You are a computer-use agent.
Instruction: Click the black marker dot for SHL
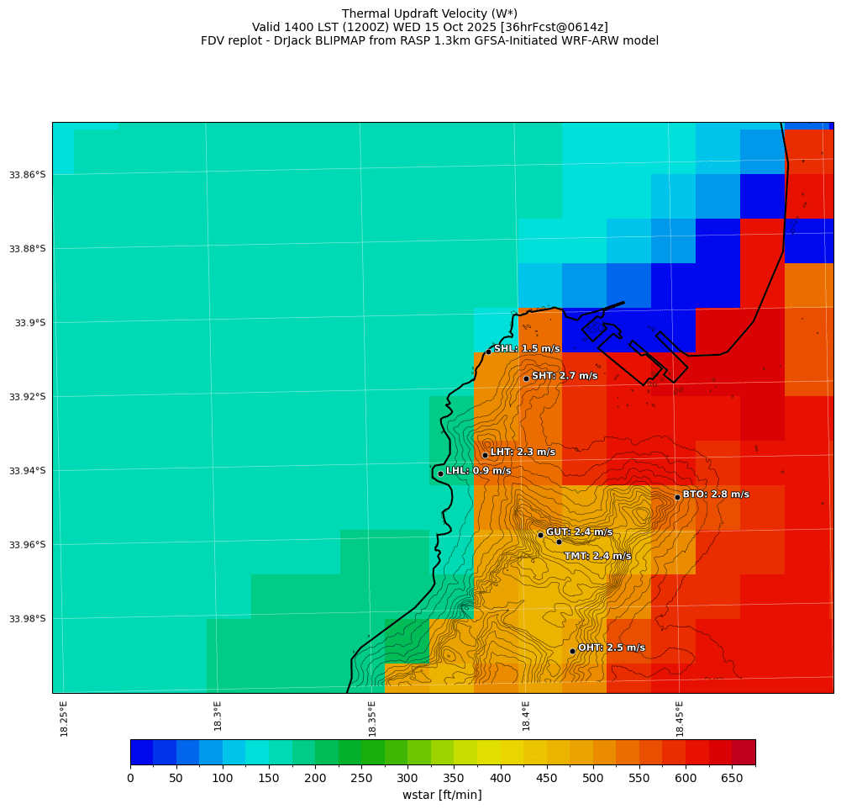point(488,352)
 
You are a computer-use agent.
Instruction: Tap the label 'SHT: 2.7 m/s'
point(565,376)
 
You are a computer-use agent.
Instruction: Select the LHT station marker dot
point(485,455)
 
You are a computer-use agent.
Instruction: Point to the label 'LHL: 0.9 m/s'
point(478,471)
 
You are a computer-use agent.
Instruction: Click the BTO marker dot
point(677,497)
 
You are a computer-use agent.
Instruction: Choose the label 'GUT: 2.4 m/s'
point(579,532)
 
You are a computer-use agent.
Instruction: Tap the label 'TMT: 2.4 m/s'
point(597,556)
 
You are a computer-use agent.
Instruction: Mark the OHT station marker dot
point(572,651)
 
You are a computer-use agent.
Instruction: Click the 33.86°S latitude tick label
point(27,175)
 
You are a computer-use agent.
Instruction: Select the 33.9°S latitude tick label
point(31,323)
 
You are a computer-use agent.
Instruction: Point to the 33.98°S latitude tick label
point(27,619)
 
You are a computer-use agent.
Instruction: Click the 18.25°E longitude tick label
point(65,718)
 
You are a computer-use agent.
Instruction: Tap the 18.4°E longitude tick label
point(526,718)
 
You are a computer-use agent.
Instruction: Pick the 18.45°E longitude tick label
point(680,718)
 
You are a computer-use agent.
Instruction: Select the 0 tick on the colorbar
point(130,779)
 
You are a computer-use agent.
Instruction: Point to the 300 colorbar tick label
point(407,779)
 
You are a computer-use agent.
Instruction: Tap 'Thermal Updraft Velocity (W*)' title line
point(429,13)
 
